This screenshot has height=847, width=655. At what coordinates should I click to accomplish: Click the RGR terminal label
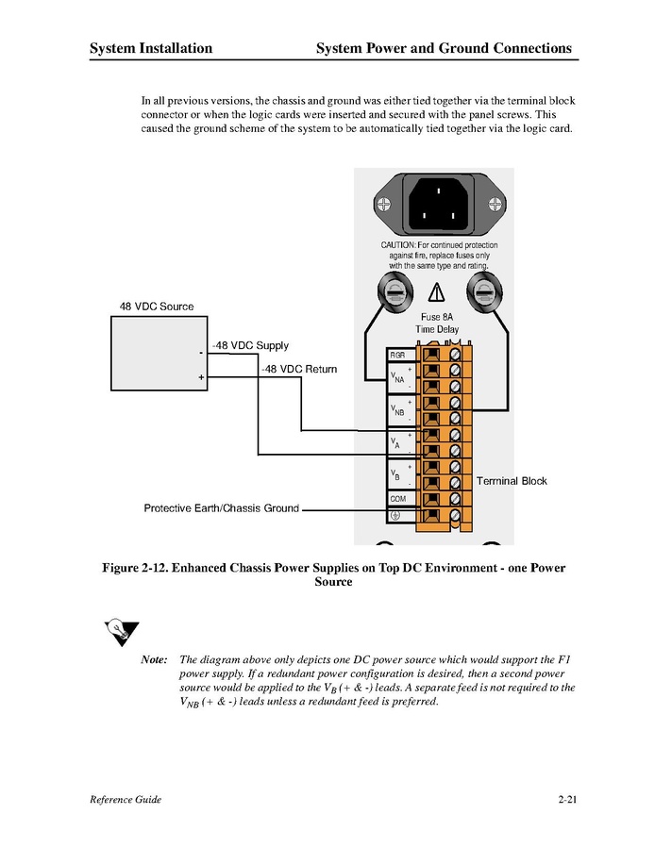[397, 355]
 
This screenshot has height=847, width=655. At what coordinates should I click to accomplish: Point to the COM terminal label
[397, 498]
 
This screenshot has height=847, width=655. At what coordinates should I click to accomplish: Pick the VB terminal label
[396, 474]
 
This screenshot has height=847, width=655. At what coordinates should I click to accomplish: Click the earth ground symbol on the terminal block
[395, 515]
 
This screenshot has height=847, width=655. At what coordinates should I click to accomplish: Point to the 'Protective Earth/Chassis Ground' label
[221, 508]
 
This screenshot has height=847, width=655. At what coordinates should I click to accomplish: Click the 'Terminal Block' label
[512, 481]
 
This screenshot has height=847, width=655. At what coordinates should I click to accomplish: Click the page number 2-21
[566, 800]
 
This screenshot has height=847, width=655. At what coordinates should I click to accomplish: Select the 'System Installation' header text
[151, 48]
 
